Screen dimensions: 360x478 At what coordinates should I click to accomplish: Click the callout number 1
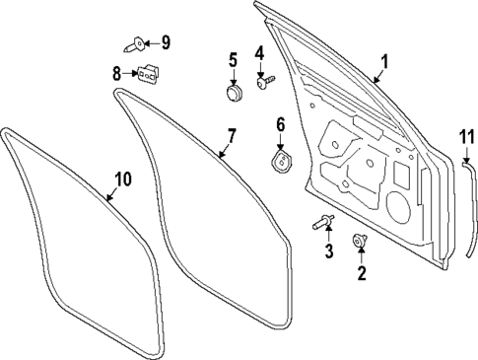pyautogui.click(x=385, y=61)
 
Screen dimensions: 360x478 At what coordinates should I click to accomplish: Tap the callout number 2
pyautogui.click(x=361, y=273)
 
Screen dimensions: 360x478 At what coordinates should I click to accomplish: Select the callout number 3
pyautogui.click(x=329, y=252)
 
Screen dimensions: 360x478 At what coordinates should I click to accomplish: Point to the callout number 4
pyautogui.click(x=260, y=53)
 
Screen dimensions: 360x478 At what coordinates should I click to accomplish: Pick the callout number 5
pyautogui.click(x=234, y=60)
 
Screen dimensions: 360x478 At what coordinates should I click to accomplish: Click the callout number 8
pyautogui.click(x=117, y=72)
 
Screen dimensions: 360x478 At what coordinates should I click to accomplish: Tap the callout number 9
pyautogui.click(x=166, y=41)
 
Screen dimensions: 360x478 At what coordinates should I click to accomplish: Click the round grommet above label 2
pyautogui.click(x=360, y=241)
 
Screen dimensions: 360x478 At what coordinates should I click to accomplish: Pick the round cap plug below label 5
pyautogui.click(x=234, y=94)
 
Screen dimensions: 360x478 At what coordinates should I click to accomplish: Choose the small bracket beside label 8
pyautogui.click(x=148, y=74)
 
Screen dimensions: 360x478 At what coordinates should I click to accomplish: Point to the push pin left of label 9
pyautogui.click(x=136, y=42)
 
